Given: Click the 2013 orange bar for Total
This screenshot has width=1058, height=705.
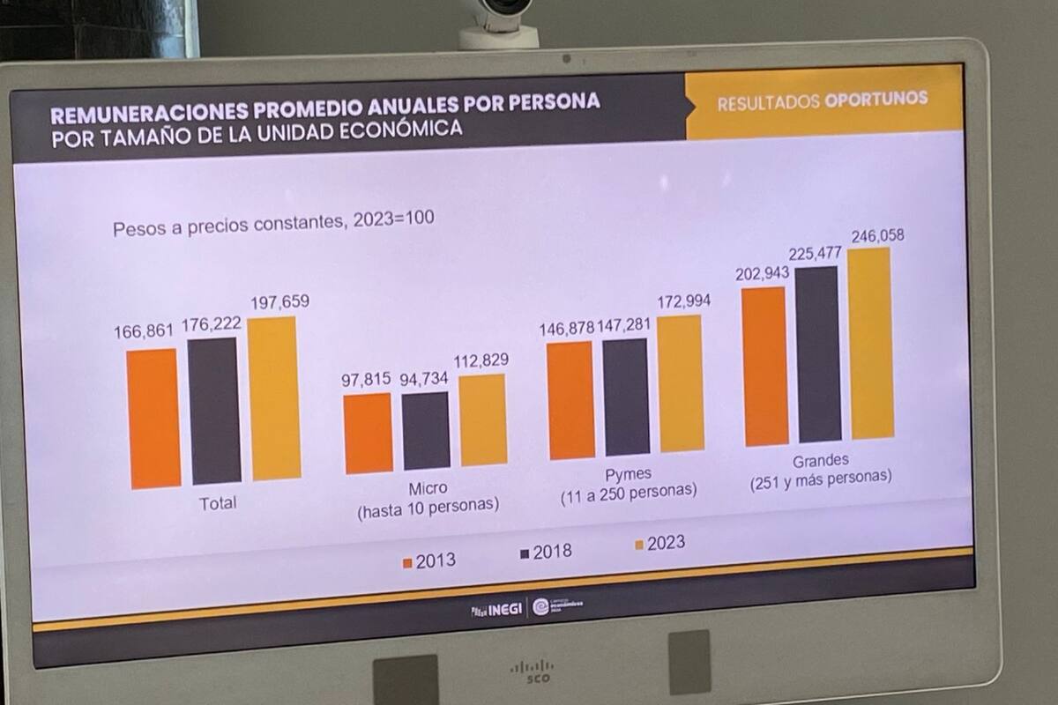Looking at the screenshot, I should click(153, 419).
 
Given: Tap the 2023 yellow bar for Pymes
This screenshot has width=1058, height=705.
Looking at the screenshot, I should click(681, 383).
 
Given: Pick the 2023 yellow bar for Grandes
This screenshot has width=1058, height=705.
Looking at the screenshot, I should click(871, 344).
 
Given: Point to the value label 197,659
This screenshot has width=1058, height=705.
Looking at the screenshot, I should click(278, 302).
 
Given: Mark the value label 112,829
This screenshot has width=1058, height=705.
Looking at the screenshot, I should click(481, 361).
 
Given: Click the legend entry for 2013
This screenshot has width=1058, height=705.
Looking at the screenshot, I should click(428, 560).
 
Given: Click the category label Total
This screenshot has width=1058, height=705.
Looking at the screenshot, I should click(218, 504).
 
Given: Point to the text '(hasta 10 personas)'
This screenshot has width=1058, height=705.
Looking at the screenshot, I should click(428, 507).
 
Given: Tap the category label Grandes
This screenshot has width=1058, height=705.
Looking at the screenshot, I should click(820, 460).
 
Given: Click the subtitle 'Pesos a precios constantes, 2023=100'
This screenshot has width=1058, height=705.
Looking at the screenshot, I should click(273, 223).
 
